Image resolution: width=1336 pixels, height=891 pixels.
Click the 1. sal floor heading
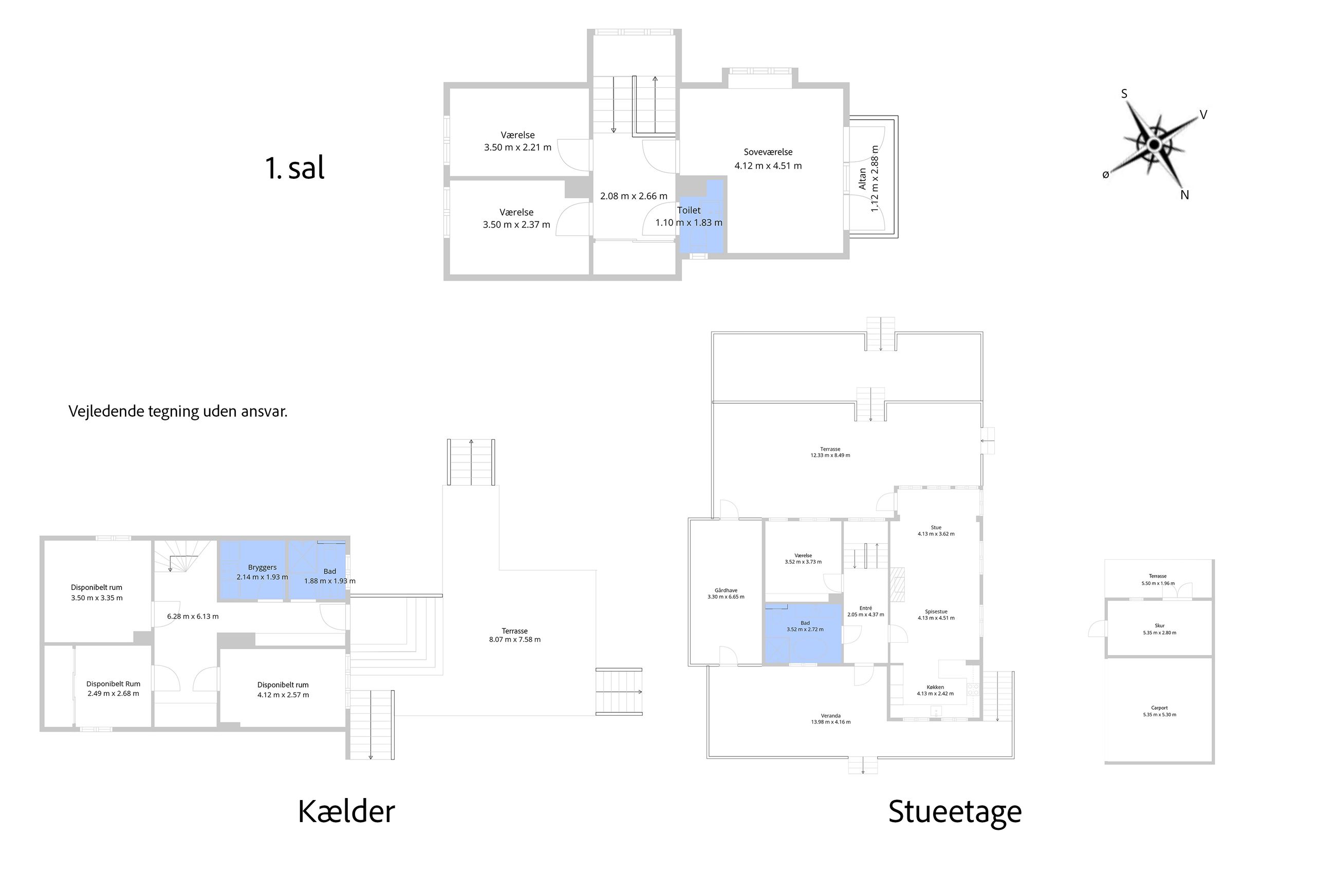[x=294, y=168]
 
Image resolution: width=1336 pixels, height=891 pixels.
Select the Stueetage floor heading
[x=955, y=812]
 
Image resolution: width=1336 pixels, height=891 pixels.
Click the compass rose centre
[x=1154, y=144]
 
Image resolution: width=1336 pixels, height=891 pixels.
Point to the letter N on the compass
[x=1185, y=195]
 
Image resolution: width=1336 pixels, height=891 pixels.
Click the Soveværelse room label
[x=768, y=152]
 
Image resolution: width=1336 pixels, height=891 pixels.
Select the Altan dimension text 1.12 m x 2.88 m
[x=875, y=179]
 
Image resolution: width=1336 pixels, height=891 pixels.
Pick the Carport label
[x=1159, y=708]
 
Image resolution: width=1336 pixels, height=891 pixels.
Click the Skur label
[x=1159, y=626]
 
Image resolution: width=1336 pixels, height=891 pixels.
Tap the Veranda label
[x=830, y=716]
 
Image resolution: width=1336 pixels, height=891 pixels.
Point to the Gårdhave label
[x=726, y=590]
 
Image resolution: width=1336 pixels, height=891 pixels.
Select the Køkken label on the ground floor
[x=935, y=687]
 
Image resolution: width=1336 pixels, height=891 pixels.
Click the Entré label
[x=865, y=608]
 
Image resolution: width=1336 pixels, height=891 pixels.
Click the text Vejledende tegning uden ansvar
[x=178, y=412]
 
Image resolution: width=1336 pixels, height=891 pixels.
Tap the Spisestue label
[x=936, y=611]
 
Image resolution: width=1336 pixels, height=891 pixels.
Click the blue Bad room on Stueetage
[x=803, y=634]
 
